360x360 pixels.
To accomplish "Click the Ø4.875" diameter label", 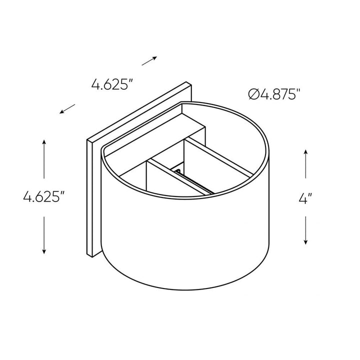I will point(275,94).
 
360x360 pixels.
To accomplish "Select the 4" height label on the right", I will point(305,198).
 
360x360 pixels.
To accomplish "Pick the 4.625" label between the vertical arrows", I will point(44,197).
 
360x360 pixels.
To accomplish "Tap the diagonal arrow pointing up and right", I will point(149,61).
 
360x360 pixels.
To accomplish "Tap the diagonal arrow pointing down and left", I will point(67,108).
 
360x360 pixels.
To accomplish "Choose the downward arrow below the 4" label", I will point(305,229).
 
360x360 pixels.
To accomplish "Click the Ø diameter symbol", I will point(253,94).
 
